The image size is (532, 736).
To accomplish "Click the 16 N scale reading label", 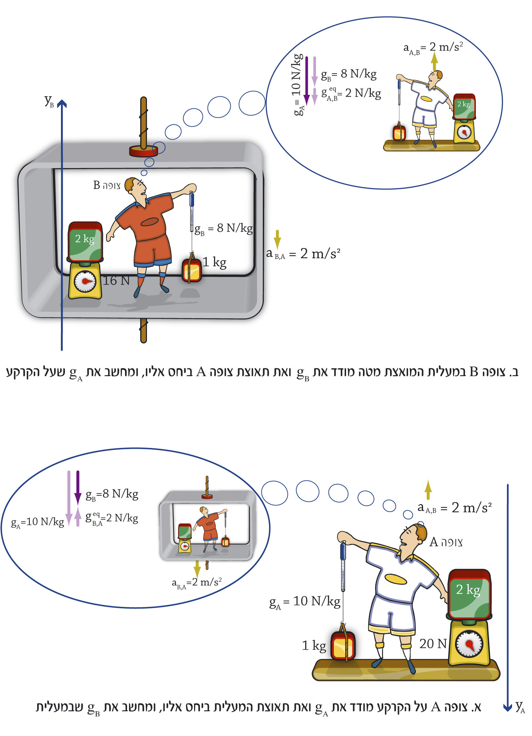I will tap(116, 281).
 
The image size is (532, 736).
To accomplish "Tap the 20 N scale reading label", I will tap(433, 643).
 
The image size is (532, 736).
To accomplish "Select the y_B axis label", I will tap(49, 101).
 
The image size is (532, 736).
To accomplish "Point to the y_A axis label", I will tap(520, 707).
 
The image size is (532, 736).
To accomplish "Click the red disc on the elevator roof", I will tap(144, 151).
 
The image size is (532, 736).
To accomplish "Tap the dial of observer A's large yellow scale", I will tap(469, 643).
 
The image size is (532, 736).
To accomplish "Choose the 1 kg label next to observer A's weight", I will tap(314, 646).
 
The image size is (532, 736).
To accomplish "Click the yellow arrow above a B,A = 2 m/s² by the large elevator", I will tap(277, 239).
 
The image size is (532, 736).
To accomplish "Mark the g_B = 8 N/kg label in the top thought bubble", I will tap(349, 74).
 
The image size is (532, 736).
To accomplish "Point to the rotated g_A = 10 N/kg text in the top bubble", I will tap(297, 85).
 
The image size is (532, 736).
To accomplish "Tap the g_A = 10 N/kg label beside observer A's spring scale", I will tap(305, 602).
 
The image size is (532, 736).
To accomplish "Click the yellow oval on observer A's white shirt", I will tap(396, 579).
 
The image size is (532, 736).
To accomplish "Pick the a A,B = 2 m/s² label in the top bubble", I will tap(433, 47).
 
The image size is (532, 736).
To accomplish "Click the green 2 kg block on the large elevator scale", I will tap(85, 241).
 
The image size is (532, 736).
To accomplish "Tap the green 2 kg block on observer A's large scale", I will tap(469, 594).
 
